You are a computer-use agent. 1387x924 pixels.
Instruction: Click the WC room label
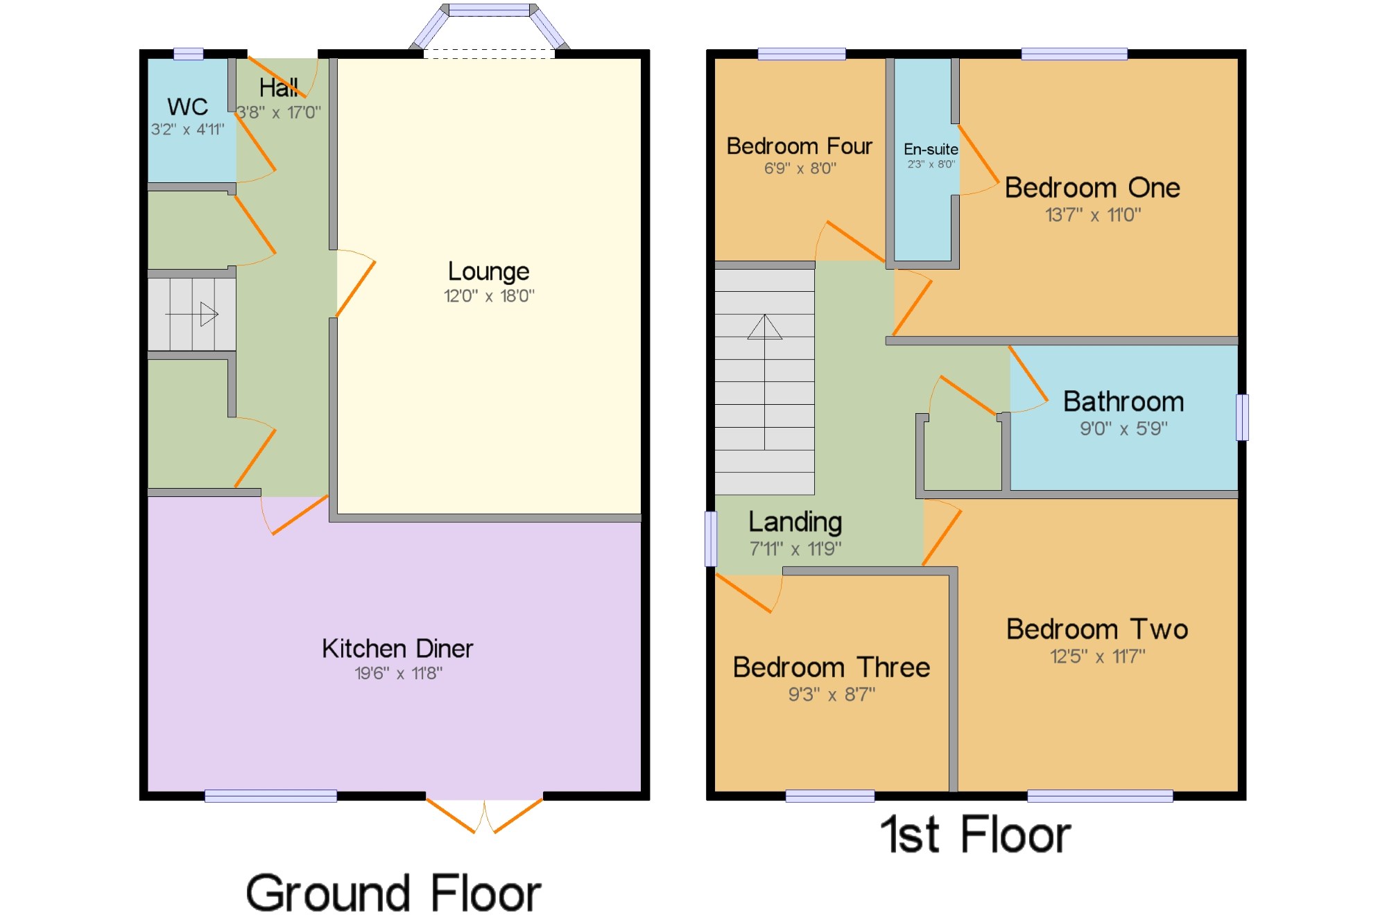(187, 107)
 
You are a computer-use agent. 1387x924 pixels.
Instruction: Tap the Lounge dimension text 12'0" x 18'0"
(489, 296)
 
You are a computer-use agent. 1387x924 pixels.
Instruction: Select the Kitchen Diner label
(397, 649)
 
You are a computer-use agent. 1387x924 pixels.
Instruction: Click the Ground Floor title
(393, 893)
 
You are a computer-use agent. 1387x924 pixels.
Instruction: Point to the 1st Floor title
(976, 834)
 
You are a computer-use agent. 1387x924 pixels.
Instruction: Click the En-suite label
(931, 149)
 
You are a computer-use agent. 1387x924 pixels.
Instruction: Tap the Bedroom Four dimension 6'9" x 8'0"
(800, 168)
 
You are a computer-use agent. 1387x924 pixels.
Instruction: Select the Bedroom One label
(1092, 188)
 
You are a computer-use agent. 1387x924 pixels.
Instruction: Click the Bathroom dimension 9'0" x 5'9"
(1123, 428)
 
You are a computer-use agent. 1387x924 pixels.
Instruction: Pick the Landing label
(795, 522)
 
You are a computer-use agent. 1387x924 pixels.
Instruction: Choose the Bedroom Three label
(832, 668)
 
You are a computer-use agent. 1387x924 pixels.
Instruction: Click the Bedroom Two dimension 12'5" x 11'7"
(1097, 656)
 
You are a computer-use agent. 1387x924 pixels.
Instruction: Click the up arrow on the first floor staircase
(765, 382)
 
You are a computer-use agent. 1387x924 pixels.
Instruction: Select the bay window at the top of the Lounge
(489, 28)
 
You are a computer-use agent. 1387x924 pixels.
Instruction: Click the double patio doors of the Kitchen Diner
(484, 815)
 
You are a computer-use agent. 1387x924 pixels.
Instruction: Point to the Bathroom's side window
(1242, 417)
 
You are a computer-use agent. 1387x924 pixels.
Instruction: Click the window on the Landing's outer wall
(711, 539)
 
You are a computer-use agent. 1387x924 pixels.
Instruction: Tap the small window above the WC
(188, 53)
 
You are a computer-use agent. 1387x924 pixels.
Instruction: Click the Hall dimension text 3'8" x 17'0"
(279, 112)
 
